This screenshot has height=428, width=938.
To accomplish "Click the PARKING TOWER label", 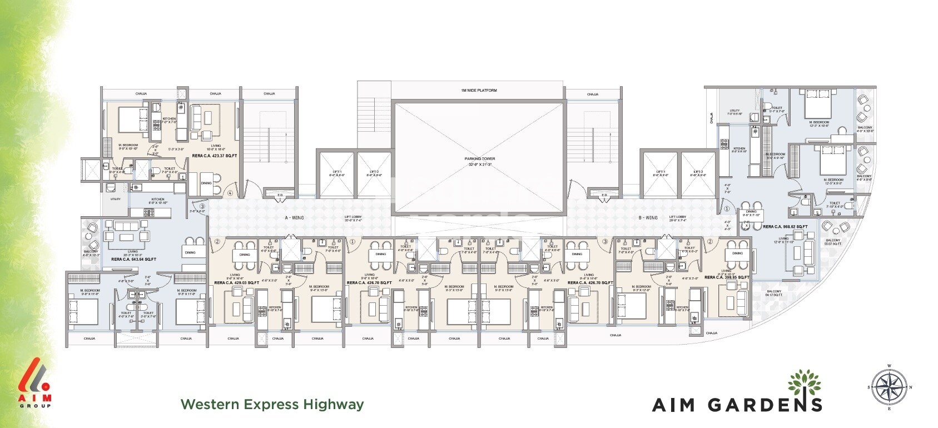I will click(x=479, y=159).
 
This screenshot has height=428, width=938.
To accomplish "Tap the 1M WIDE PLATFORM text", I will click(x=479, y=91).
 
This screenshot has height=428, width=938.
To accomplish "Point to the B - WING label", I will click(x=648, y=218).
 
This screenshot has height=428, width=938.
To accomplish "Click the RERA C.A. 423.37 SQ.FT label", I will click(x=214, y=156).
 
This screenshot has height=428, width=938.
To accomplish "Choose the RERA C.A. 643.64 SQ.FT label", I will click(x=133, y=259).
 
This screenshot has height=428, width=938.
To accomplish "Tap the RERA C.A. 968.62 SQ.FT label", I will click(x=785, y=227).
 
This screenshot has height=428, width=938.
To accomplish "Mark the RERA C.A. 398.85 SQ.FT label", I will click(x=727, y=277).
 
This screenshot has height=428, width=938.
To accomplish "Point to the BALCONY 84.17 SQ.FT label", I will click(x=774, y=293).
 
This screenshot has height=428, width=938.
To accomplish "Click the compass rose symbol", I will click(x=890, y=388).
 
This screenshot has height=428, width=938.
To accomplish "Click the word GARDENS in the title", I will click(x=765, y=405).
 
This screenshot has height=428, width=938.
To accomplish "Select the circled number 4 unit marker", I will click(x=230, y=193).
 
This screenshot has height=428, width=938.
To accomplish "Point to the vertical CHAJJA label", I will click(x=711, y=117).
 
